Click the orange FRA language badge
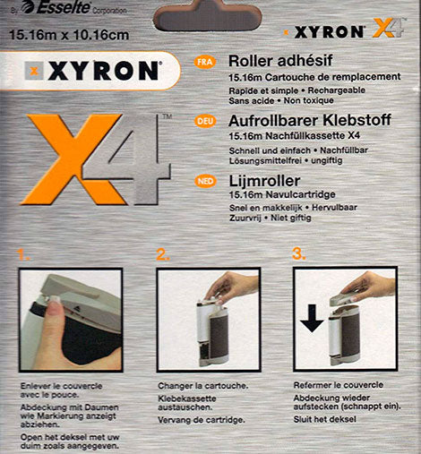205,62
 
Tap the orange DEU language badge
205,122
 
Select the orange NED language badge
205,181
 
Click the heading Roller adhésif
280,61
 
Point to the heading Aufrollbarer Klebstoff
310,120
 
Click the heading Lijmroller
264,181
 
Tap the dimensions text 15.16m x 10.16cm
69,35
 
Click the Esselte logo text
63,7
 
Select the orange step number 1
22,254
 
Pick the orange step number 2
163,254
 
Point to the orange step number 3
299,254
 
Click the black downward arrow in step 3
312,318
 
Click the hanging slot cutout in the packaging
208,15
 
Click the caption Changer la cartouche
203,386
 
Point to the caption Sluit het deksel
325,419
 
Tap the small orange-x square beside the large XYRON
34,71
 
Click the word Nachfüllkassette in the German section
305,136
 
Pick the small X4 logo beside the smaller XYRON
388,28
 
